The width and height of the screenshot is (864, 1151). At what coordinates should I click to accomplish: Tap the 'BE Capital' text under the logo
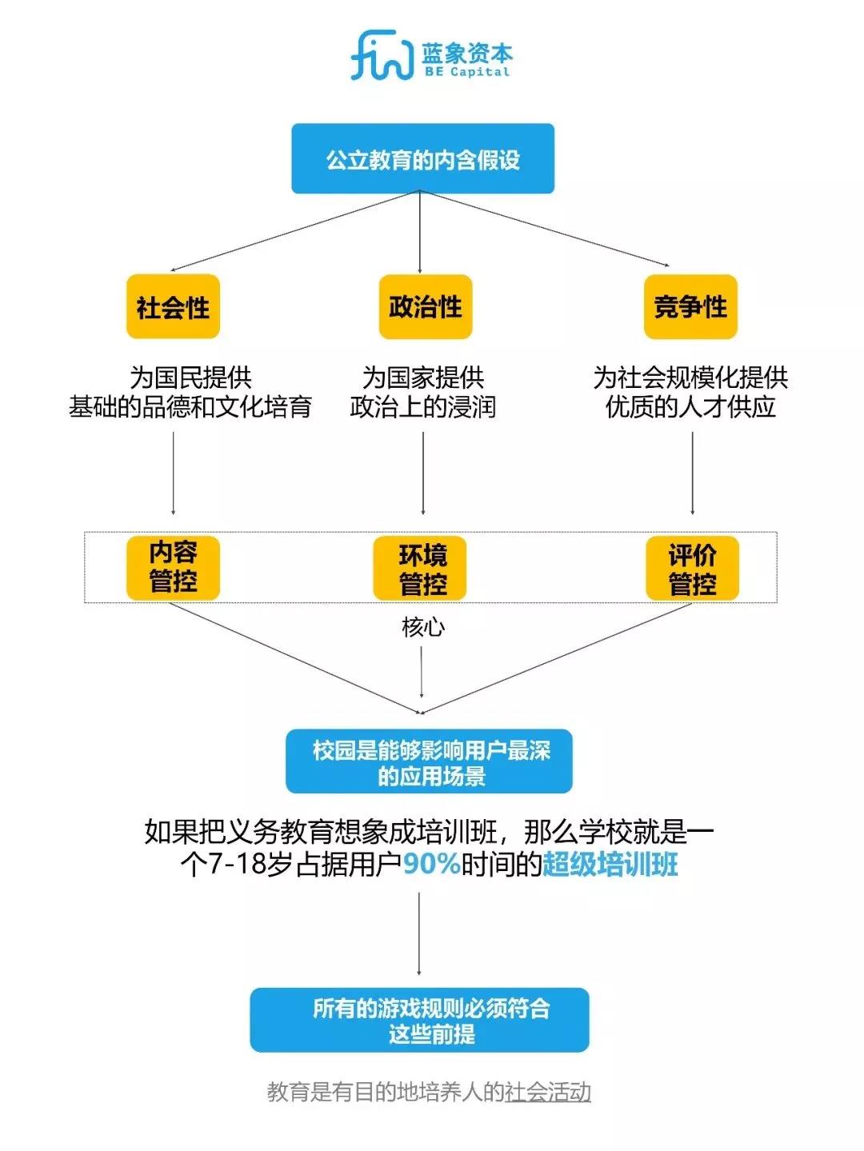pos(467,72)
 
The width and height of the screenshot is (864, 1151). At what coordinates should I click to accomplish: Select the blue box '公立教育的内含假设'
pos(422,158)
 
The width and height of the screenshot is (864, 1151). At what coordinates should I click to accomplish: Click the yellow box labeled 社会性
pos(173,306)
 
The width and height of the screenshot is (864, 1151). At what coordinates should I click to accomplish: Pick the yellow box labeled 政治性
pos(425,306)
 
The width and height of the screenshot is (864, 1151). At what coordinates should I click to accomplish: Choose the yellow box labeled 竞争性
pos(690,306)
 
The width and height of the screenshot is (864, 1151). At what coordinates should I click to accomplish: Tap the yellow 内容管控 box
pos(173,568)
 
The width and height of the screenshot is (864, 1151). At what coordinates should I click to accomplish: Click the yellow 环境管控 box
pos(420,568)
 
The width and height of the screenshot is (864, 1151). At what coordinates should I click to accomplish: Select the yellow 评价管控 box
pos(692,568)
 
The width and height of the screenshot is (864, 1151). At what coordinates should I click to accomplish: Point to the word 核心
pos(423,627)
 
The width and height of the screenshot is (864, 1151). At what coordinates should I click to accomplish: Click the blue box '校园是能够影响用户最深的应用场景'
pos(429,761)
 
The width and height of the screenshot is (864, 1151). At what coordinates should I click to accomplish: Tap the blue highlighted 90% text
pos(431,864)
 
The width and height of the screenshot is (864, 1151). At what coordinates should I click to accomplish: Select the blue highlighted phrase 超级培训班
pos(610,864)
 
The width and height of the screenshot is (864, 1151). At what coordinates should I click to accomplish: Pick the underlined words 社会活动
pos(547,1093)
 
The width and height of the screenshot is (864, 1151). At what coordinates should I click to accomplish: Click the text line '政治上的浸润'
pos(422,406)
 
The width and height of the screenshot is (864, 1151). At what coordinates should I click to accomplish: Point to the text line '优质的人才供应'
pos(690,406)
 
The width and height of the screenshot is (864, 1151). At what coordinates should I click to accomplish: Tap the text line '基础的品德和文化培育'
pos(190,406)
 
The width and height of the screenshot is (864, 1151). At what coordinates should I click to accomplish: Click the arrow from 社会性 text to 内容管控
pos(173,473)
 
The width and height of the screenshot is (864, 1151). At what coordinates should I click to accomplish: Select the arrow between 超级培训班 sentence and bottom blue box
pos(419,934)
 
